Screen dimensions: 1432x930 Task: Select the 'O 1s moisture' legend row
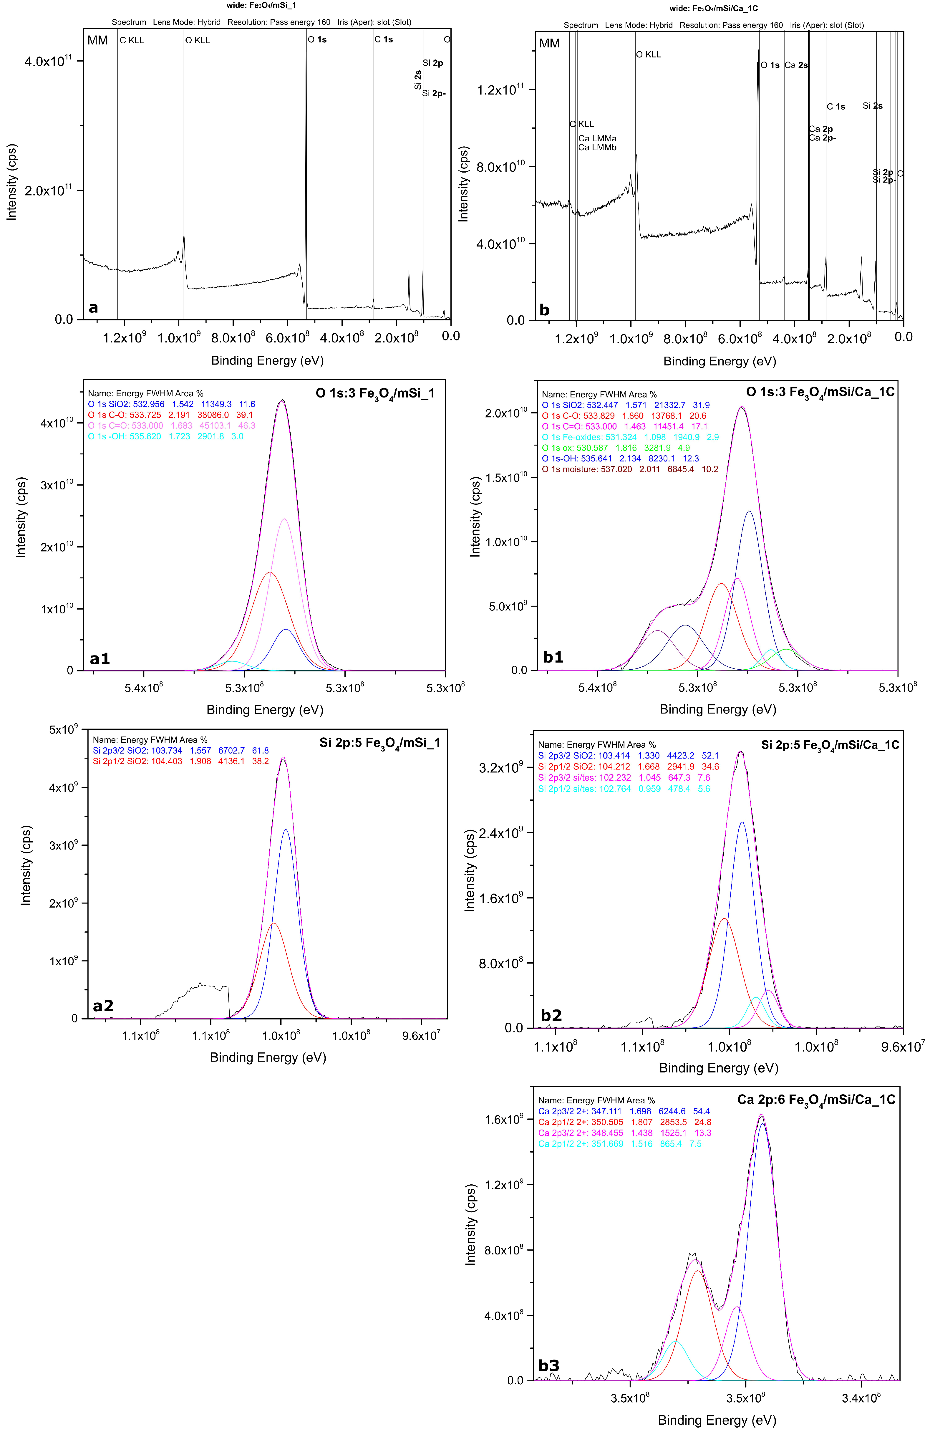630,469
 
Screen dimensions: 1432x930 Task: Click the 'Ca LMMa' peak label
597,138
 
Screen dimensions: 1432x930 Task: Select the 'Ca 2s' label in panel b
796,65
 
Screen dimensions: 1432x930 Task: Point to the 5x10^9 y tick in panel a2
63,730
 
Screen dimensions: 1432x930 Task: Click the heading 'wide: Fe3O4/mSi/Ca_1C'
713,9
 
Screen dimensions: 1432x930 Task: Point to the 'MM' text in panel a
97,40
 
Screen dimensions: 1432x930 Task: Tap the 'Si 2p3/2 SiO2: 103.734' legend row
180,750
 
